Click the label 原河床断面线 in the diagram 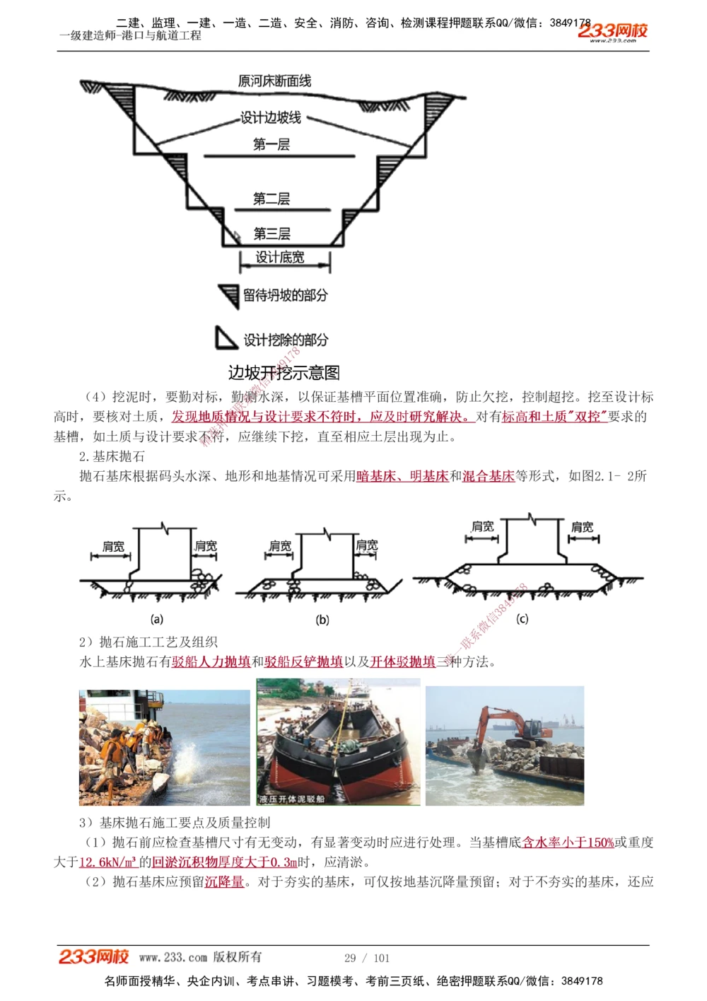point(274,81)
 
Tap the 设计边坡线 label point(271,117)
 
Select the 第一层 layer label point(271,144)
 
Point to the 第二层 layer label point(271,199)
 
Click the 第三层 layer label point(271,233)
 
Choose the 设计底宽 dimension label point(280,258)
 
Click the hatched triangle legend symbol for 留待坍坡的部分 point(229,295)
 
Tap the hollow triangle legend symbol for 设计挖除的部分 point(226,339)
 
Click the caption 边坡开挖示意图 point(284,373)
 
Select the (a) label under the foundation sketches point(157,619)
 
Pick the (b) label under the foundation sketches point(322,620)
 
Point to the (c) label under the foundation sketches point(522,619)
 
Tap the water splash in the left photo point(191,761)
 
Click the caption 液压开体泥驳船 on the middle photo point(292,799)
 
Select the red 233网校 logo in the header point(612,30)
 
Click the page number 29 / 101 point(367,958)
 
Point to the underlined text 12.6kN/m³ point(107,862)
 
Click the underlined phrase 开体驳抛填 point(403,661)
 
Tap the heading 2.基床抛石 point(112,456)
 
